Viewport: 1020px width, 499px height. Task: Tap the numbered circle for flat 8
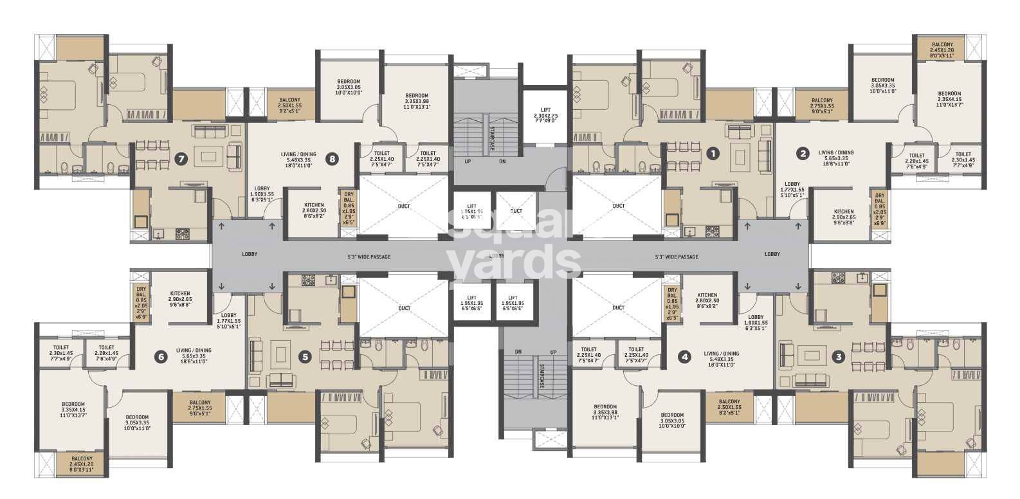pyautogui.click(x=332, y=159)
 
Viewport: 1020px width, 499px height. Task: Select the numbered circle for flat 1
pyautogui.click(x=712, y=153)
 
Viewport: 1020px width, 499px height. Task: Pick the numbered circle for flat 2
pyautogui.click(x=803, y=153)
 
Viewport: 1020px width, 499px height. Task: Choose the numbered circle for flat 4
pyautogui.click(x=685, y=356)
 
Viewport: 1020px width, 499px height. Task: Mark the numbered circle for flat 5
pyautogui.click(x=305, y=356)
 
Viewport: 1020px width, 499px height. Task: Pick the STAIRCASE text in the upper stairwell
pyautogui.click(x=491, y=137)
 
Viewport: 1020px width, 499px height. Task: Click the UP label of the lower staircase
pyautogui.click(x=552, y=352)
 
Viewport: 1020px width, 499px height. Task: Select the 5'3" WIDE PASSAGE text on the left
pyautogui.click(x=370, y=257)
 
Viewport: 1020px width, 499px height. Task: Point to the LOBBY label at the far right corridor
pyautogui.click(x=772, y=254)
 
